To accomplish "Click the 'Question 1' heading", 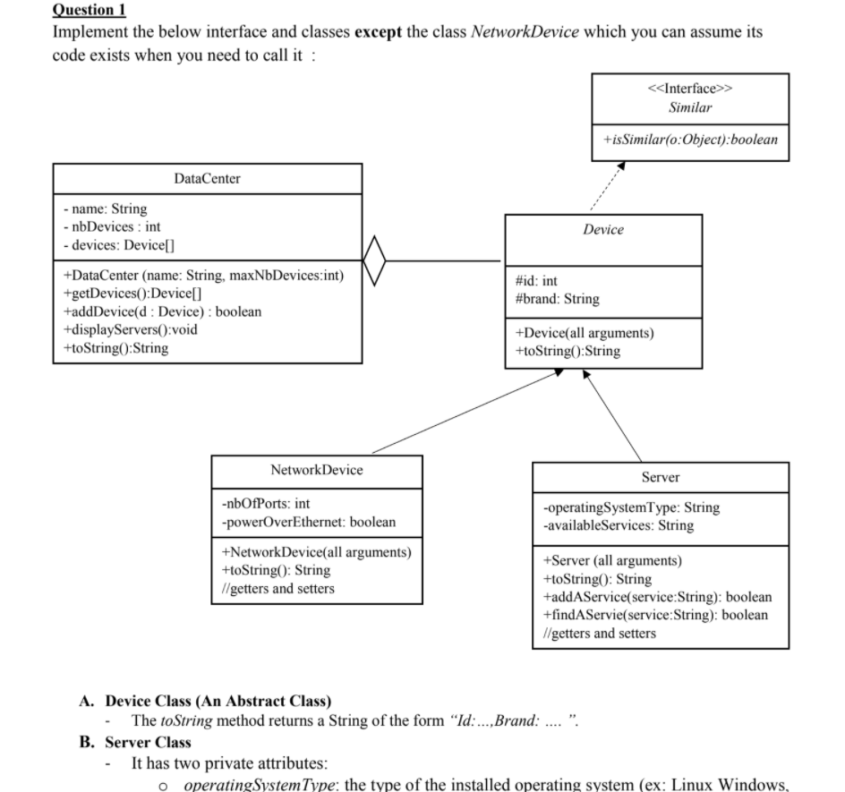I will pyautogui.click(x=89, y=11).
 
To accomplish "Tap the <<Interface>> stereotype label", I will pyautogui.click(x=690, y=89).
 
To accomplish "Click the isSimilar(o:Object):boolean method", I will pyautogui.click(x=690, y=140).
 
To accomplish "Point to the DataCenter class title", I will pyautogui.click(x=207, y=178).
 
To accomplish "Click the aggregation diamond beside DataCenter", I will pyautogui.click(x=376, y=260).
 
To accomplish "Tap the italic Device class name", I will pyautogui.click(x=603, y=230).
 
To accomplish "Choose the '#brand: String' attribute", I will pyautogui.click(x=557, y=299).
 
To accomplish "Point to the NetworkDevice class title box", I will pyautogui.click(x=316, y=470).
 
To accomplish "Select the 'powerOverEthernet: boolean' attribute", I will pyautogui.click(x=308, y=522).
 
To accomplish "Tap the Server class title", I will pyautogui.click(x=660, y=477).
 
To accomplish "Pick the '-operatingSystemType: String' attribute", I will pyautogui.click(x=631, y=507).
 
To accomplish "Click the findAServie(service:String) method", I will pyautogui.click(x=655, y=615).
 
